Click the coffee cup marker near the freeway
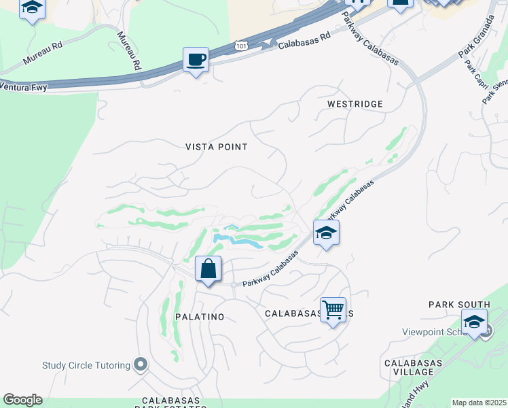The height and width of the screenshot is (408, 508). click(x=196, y=60)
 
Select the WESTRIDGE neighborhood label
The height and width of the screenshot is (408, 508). click(x=355, y=104)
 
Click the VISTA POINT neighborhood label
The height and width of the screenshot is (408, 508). click(x=217, y=147)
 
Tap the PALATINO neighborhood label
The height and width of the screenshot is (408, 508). click(x=200, y=317)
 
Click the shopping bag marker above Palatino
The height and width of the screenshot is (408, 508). click(x=208, y=269)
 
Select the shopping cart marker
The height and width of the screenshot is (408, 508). click(x=333, y=310)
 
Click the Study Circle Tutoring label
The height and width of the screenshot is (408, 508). click(x=86, y=365)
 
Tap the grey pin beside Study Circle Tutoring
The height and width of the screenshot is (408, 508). click(x=141, y=365)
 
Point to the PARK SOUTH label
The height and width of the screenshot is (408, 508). click(x=459, y=304)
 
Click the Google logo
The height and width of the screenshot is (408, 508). click(x=22, y=400)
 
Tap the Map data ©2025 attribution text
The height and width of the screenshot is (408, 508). click(x=478, y=403)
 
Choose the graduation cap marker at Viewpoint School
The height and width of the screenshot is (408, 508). click(x=474, y=321)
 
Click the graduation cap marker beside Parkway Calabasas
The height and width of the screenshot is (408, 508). click(x=326, y=233)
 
